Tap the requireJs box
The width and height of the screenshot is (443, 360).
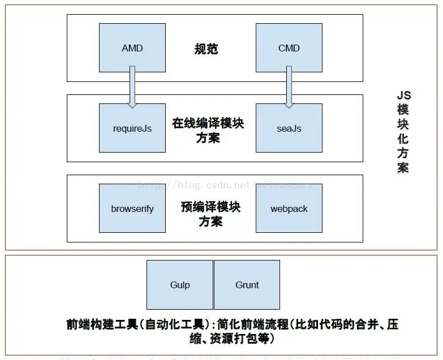coord(132,128)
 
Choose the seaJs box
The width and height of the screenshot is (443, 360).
coord(289,128)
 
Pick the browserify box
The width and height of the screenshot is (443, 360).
coord(132,209)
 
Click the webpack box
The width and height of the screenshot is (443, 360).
coord(289,209)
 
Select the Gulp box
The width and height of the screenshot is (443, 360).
coord(179,284)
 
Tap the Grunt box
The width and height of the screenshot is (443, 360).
coord(247,284)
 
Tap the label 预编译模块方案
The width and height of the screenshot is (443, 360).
coord(210,214)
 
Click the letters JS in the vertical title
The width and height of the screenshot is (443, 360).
coord(403,96)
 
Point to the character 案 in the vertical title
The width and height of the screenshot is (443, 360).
coord(403,168)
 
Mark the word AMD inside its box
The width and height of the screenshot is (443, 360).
coord(132,48)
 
